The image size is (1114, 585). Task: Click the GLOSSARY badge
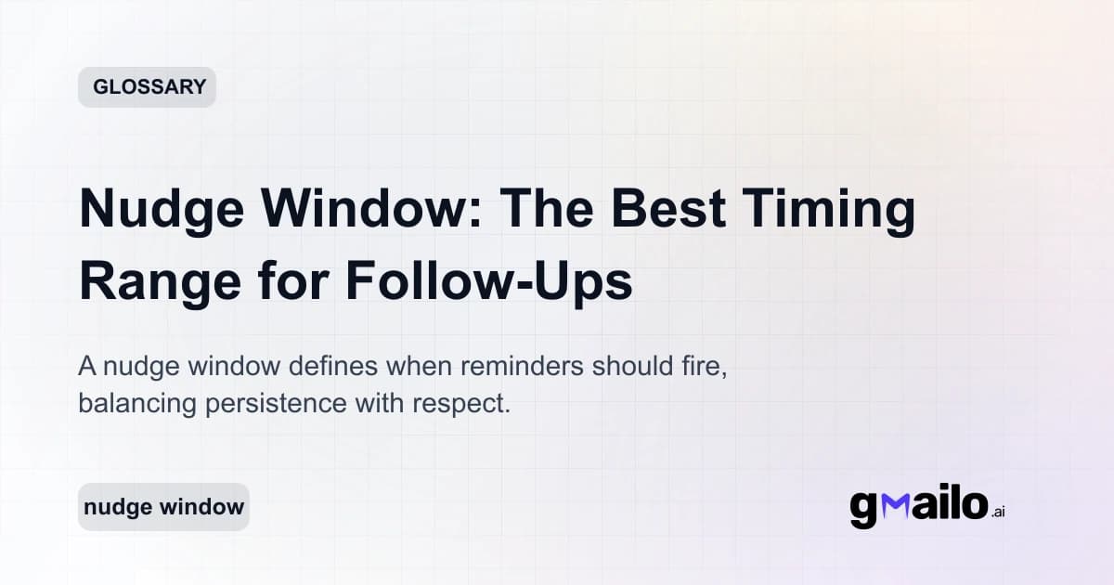pos(147,87)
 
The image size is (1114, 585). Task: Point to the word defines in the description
pos(328,366)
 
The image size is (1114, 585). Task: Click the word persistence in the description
pos(276,405)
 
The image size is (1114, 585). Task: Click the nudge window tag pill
pos(163,507)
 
